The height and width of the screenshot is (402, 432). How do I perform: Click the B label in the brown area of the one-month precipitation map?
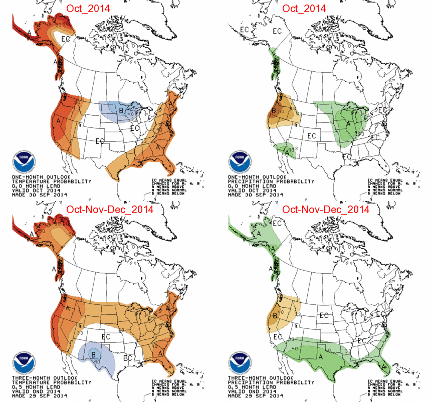pos(274,111)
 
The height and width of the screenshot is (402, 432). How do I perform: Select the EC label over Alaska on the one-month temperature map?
pos(66,38)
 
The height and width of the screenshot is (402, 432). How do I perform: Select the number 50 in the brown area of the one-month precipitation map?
pos(282,112)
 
